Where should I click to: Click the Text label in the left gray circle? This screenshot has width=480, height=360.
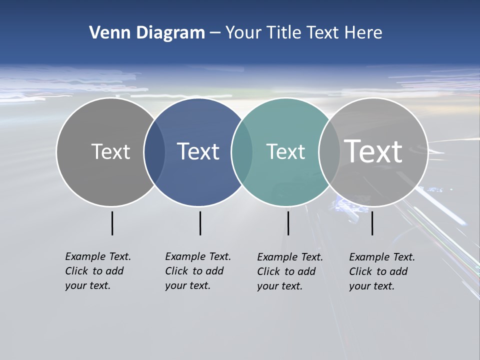coord(110,151)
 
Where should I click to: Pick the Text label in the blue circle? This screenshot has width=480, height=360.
coord(198,151)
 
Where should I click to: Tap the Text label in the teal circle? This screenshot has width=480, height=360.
coord(285,151)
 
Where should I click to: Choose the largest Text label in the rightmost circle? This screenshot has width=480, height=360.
coord(373,151)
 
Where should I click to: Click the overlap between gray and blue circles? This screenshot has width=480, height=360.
coord(154,152)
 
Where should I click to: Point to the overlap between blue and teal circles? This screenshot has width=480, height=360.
coord(242,152)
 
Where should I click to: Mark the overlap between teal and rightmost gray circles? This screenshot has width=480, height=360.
coord(329,152)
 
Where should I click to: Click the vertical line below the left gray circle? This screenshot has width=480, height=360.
coord(112,223)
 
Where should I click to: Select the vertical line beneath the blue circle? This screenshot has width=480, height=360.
coord(200,223)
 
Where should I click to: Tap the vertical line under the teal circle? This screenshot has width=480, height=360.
coord(288,223)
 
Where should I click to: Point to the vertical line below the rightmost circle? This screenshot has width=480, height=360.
coord(372,223)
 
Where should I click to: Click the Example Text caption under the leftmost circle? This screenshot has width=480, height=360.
coord(97,271)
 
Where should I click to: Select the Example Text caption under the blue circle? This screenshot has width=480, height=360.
coord(197,271)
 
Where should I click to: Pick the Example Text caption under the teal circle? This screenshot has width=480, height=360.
coord(289,271)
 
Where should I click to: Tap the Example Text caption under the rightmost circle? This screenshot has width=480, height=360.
coord(381,271)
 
